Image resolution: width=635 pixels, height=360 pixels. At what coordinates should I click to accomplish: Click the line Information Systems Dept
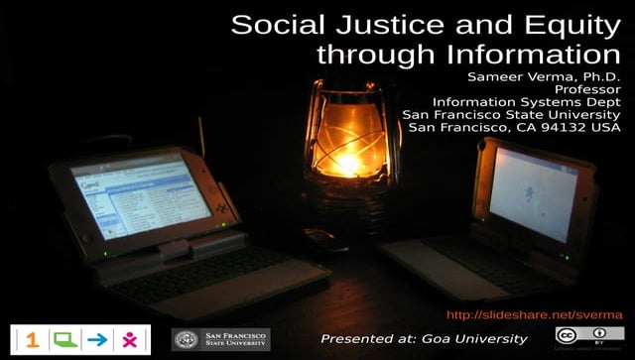pos(526,101)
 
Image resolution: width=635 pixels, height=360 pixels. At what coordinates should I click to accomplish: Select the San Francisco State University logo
pos(220,339)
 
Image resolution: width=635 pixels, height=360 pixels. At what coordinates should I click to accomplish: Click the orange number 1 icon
pos(33,339)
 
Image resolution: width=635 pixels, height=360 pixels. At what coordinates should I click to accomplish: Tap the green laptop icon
pos(64,339)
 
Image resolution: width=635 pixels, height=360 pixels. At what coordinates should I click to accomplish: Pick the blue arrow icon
pos(96,339)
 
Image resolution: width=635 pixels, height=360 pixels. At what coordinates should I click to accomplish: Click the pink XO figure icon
pos(129,339)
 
